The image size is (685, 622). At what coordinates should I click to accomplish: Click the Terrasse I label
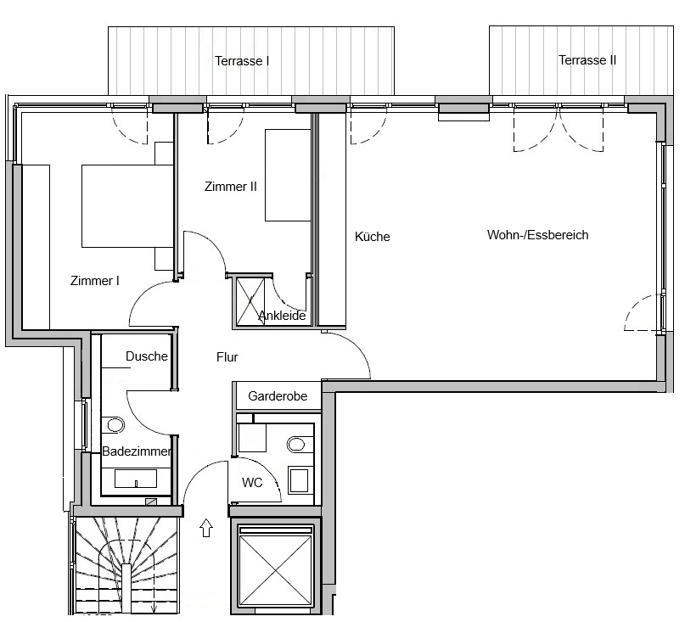242,61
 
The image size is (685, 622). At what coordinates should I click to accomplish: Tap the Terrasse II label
587,60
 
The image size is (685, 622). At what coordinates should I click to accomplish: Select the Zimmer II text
231,187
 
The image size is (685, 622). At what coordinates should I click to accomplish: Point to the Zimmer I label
95,280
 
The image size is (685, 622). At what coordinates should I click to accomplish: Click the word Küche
372,236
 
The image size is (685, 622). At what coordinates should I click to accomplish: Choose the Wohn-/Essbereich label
538,235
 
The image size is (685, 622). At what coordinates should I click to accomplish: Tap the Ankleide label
282,316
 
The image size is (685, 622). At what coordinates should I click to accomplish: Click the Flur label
227,357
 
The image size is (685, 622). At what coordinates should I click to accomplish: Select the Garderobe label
278,396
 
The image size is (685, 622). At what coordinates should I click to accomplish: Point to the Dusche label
147,356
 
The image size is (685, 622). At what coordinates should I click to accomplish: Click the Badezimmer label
137,451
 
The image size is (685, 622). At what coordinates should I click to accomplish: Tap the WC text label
252,483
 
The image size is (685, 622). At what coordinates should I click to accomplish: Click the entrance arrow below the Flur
206,528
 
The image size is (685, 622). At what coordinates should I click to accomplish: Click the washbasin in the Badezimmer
136,479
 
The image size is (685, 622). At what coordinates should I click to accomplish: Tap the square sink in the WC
300,480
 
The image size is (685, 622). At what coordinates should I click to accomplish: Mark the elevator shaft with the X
276,567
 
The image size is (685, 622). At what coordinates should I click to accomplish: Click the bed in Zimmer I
127,206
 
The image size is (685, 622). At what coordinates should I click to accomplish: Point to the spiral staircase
126,565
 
